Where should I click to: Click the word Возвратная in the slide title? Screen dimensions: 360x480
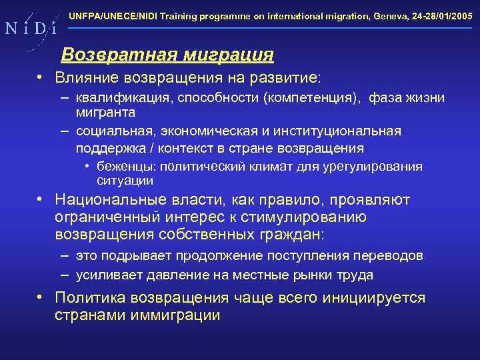tap(109, 53)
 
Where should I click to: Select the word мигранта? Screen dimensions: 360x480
tap(105, 113)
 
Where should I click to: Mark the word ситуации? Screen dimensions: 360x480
tap(125, 181)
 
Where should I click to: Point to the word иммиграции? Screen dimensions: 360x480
tap(178, 315)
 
